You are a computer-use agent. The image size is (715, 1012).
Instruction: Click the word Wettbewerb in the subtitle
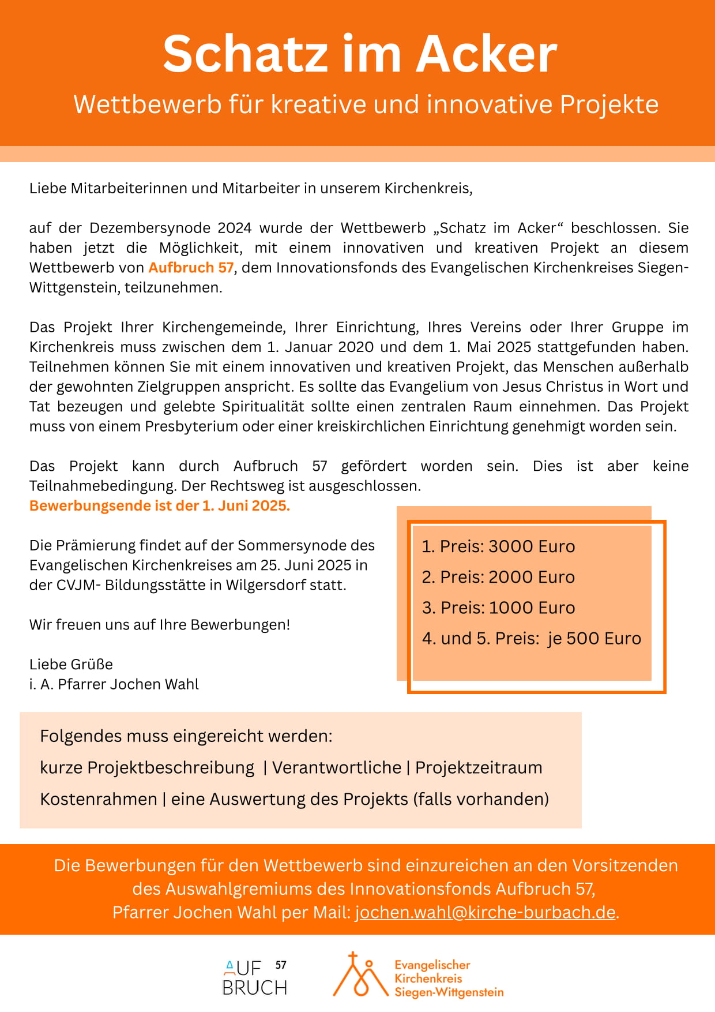[x=148, y=104]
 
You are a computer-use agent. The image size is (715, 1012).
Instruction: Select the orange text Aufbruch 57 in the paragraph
[x=191, y=268]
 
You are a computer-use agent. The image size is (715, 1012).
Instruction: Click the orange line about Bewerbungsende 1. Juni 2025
[x=160, y=506]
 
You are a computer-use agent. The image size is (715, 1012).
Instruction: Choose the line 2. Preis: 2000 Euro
[x=498, y=577]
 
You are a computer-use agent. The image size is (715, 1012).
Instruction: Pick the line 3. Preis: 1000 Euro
[x=498, y=608]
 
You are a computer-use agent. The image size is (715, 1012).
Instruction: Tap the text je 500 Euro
[x=594, y=639]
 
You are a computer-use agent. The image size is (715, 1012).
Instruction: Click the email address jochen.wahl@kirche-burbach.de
[x=485, y=912]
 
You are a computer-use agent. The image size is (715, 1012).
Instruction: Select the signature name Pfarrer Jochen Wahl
[x=128, y=684]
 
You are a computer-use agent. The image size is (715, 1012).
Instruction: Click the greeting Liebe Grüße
[x=71, y=664]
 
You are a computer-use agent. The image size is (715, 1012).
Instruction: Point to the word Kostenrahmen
[x=99, y=799]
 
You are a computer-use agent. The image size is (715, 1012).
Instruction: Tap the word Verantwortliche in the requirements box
[x=337, y=768]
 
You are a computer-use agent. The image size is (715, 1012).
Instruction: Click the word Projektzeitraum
[x=479, y=768]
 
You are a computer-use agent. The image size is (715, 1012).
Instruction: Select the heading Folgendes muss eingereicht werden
[x=186, y=736]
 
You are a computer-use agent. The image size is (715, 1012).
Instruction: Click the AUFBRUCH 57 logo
[x=255, y=978]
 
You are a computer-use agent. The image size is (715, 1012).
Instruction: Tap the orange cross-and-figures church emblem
[x=360, y=975]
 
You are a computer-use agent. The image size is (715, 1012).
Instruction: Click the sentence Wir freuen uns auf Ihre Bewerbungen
[x=160, y=625]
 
